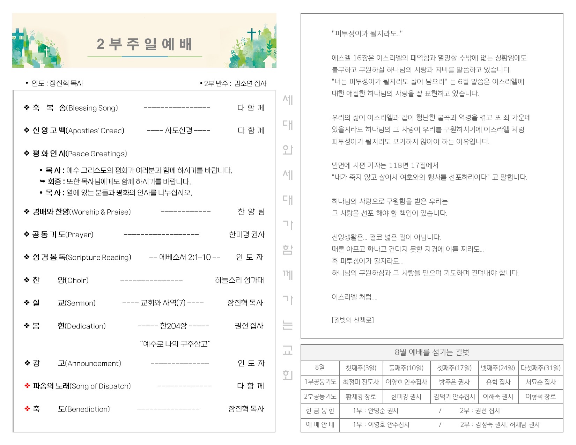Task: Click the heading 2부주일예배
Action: tap(144, 44)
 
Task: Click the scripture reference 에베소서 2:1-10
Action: tap(185, 257)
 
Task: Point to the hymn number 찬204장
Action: tap(173, 326)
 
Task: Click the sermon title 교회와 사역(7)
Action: tap(163, 303)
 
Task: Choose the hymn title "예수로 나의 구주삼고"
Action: tap(175, 344)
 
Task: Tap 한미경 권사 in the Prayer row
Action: tap(246, 234)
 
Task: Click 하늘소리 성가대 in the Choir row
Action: tap(239, 280)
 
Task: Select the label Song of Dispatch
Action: tap(101, 386)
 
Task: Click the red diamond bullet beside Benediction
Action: tap(27, 409)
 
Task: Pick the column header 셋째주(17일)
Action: tap(454, 368)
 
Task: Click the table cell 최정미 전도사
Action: tap(361, 382)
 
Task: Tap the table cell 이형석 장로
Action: tap(540, 396)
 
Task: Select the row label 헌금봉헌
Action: tap(320, 411)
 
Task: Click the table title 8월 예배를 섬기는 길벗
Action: tap(431, 352)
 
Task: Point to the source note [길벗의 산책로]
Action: tap(353, 320)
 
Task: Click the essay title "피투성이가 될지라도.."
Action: tap(367, 34)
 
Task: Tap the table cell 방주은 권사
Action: tap(454, 382)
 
